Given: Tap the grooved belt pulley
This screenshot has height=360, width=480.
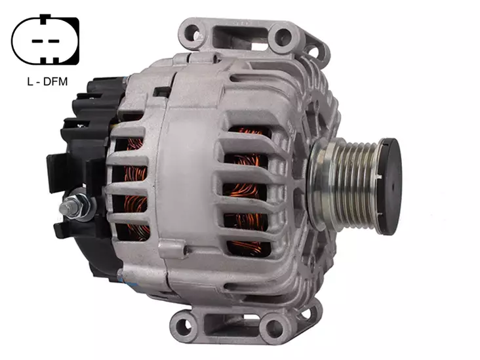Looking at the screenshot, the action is click(x=346, y=185).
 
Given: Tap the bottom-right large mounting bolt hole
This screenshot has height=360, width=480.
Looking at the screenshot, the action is click(x=274, y=328).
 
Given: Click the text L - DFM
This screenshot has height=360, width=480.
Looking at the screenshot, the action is click(x=47, y=82).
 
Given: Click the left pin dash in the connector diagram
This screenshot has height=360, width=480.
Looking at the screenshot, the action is click(x=37, y=41).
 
